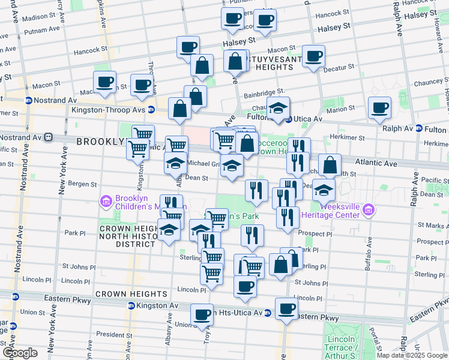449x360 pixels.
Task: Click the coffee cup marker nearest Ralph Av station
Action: [x=379, y=108]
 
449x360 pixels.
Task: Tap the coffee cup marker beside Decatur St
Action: [x=313, y=57]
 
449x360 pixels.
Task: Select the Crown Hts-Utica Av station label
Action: [x=231, y=313]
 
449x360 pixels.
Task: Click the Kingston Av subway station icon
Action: [x=130, y=306]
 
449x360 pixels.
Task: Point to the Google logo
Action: [x=20, y=353]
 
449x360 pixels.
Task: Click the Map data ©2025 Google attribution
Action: [x=412, y=355]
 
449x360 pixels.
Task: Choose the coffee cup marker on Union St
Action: [x=202, y=313]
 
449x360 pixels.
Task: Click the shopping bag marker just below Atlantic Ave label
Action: [x=330, y=165]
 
